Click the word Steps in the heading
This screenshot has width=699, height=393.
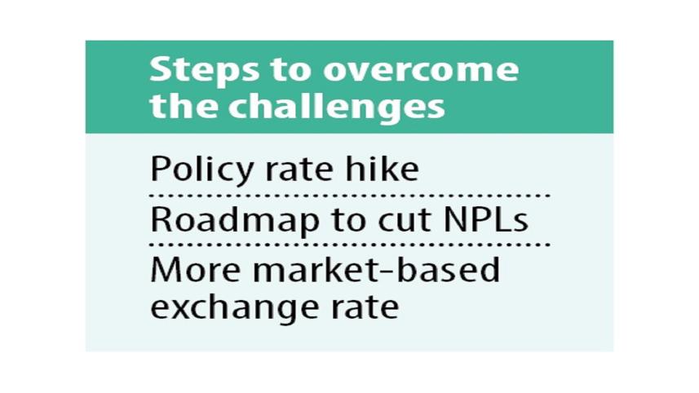point(204,71)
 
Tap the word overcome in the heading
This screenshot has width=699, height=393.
point(421,70)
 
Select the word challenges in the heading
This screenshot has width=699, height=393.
point(337,108)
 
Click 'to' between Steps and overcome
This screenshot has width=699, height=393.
point(290,71)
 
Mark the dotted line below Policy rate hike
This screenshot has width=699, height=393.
point(349,195)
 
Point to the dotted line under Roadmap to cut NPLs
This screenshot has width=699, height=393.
point(349,245)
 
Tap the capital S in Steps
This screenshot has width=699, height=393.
point(161,70)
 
